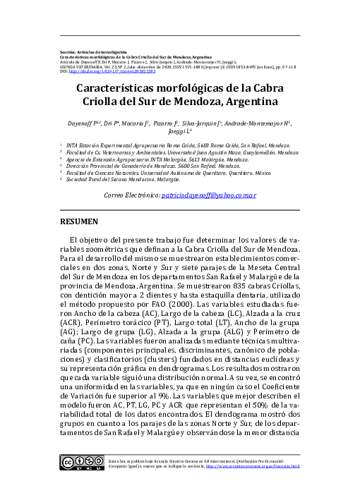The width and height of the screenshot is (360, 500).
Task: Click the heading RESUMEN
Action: click(79, 221)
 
